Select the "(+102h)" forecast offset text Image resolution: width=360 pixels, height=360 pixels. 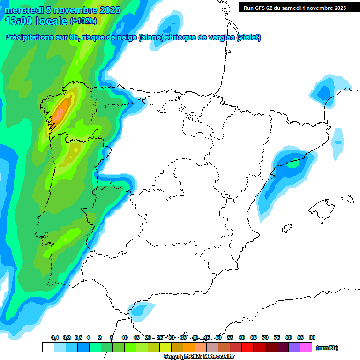click(83, 21)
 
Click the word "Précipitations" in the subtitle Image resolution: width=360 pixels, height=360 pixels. click(29, 37)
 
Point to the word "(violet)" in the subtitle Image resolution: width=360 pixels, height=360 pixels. click(249, 37)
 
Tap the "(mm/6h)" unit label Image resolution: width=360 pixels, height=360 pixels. click(327, 348)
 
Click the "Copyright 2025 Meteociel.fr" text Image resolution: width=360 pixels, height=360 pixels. click(199, 357)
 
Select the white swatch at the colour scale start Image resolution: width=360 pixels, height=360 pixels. click(48, 347)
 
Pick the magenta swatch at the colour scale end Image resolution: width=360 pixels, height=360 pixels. click(306, 347)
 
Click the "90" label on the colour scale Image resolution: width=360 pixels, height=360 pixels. click(312, 337)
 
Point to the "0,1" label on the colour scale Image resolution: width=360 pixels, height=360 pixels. click(55, 337)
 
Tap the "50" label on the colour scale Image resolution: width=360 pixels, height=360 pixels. click(218, 337)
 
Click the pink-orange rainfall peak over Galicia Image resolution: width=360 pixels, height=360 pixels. click(60, 112)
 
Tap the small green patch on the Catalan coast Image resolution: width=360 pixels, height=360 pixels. click(292, 164)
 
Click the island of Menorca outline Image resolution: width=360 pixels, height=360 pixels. click(347, 199)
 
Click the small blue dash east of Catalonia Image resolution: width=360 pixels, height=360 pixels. click(338, 142)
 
